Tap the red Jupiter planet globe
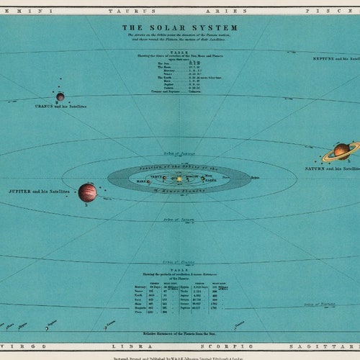point(87,192)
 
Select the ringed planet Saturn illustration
point(341,150)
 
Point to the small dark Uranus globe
point(60,96)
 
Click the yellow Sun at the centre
point(179,179)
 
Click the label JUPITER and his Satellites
point(40,192)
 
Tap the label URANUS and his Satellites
point(60,106)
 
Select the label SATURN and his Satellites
point(332,168)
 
